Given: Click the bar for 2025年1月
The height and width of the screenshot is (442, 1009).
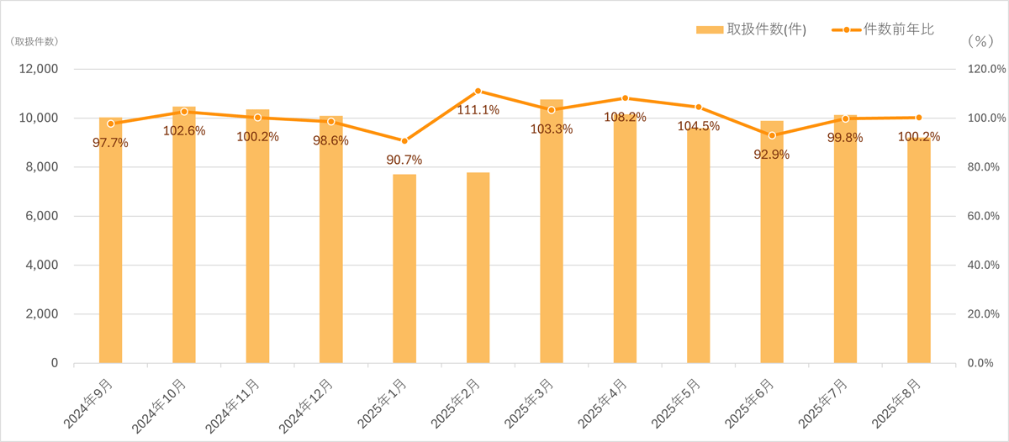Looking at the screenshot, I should pyautogui.click(x=404, y=269).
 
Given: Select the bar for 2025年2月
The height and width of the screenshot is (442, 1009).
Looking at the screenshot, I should pyautogui.click(x=478, y=268).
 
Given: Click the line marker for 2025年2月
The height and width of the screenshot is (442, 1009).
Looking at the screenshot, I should pyautogui.click(x=478, y=91).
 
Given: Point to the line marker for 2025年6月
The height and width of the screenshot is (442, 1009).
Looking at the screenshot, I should pyautogui.click(x=772, y=135).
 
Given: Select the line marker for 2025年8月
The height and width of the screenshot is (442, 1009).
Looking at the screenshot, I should pyautogui.click(x=919, y=118).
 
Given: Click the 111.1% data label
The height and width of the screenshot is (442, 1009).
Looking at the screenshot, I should pyautogui.click(x=478, y=110).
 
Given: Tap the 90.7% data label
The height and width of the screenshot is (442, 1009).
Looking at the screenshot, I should pyautogui.click(x=404, y=160).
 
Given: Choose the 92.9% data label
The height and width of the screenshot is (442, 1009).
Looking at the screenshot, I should pyautogui.click(x=772, y=155).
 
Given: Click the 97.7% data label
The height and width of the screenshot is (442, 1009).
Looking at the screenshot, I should pyautogui.click(x=110, y=143).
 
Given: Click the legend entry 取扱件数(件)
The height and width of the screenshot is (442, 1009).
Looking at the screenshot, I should pyautogui.click(x=751, y=30).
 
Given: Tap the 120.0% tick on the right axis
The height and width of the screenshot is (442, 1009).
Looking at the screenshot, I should pyautogui.click(x=983, y=69).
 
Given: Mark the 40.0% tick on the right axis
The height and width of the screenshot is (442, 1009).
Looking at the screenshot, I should pyautogui.click(x=983, y=265).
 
